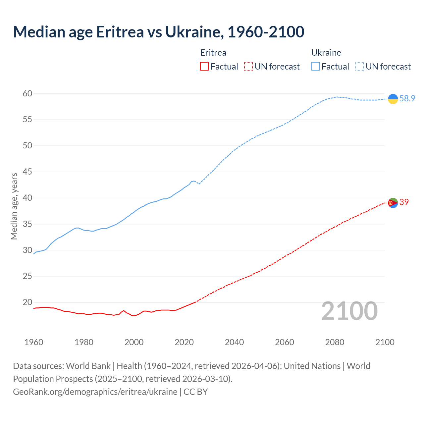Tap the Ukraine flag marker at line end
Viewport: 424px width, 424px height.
(x=393, y=99)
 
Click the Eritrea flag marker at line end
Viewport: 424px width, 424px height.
(x=393, y=202)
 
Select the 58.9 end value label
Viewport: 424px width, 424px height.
(x=407, y=99)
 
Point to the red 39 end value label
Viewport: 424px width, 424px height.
(x=404, y=202)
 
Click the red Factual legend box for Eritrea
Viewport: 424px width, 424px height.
(x=204, y=67)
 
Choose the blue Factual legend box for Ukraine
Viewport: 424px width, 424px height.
(x=316, y=67)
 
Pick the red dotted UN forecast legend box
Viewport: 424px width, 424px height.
(x=248, y=67)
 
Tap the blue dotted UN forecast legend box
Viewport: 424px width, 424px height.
(x=360, y=67)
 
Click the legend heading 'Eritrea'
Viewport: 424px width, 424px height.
(x=213, y=53)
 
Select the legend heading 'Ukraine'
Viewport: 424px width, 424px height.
(x=326, y=53)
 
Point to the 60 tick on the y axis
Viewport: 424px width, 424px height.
(x=27, y=93)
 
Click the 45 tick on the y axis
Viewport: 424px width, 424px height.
(x=27, y=172)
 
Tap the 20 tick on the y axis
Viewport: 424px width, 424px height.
(x=27, y=302)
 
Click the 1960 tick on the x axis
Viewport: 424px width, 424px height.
(x=34, y=342)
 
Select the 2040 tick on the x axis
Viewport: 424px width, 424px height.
(x=234, y=342)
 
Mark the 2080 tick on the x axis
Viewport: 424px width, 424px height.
(x=335, y=342)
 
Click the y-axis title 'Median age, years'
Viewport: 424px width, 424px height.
(x=14, y=206)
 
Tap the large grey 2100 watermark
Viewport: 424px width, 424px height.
(x=349, y=311)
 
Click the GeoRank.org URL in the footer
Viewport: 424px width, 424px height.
(x=95, y=392)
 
